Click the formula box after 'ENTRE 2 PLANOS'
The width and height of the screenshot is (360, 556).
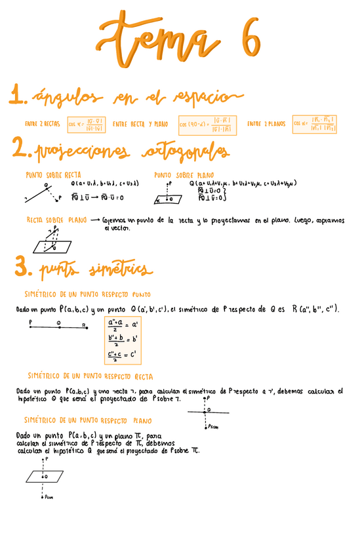(x=315, y=123)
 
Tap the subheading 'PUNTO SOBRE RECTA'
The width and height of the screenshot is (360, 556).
(x=53, y=176)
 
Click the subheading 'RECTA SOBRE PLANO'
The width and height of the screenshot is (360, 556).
(x=56, y=220)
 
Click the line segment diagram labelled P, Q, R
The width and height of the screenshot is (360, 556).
(x=59, y=327)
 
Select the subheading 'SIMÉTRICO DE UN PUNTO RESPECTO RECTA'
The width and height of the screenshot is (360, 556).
(x=90, y=376)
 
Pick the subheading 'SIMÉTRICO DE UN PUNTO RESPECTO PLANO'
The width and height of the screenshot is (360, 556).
(x=88, y=420)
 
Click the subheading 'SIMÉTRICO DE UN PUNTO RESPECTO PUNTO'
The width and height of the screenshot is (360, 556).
(x=87, y=294)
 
